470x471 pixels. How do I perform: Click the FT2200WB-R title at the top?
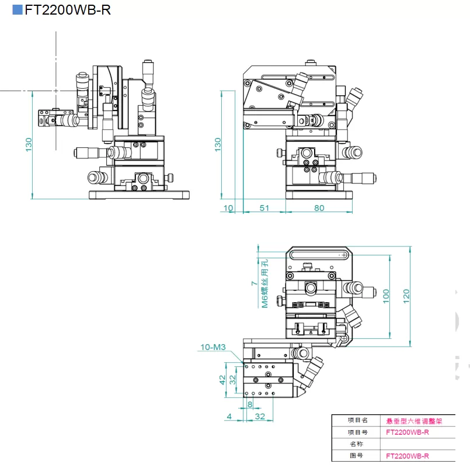coord(67,10)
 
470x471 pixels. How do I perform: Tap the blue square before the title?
coord(18,10)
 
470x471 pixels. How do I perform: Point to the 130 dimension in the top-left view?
coord(29,144)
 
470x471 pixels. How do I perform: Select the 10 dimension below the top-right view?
coord(228,208)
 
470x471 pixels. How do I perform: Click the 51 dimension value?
coord(264,208)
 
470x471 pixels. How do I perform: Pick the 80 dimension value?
coord(319,208)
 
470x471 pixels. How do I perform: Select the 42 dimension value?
coord(222,379)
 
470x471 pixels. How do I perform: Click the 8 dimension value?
coord(250,404)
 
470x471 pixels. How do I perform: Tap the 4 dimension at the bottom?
coord(229,416)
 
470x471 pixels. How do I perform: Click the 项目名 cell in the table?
coord(358,420)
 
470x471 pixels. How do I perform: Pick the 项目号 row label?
coord(358,432)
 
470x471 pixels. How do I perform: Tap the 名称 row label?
coord(358,444)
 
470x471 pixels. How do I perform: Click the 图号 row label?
coord(358,455)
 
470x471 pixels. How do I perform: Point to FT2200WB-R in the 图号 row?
coord(408,455)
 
